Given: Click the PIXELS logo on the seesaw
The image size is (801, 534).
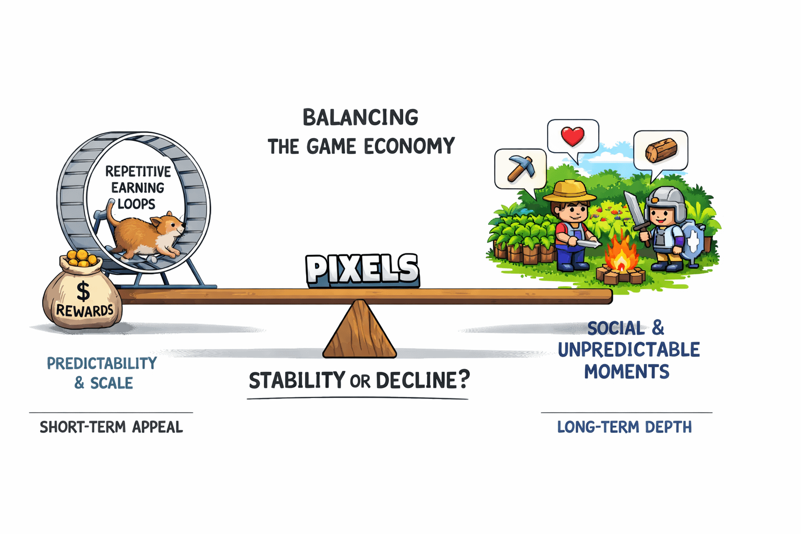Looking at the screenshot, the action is tap(362, 270).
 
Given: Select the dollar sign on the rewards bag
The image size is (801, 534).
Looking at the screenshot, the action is tap(83, 292).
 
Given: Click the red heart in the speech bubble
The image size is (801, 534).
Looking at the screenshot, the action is tap(573, 137).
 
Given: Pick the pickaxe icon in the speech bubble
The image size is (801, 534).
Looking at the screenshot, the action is tap(520, 168).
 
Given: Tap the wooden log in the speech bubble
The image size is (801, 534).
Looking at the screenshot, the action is tap(661, 150).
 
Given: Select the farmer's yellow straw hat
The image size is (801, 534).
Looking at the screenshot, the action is tap(569, 191).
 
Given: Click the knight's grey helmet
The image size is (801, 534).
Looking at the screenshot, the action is tap(665, 200).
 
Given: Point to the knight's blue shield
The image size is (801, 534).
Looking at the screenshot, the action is tap(692, 241).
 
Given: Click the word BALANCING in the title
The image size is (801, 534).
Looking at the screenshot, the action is tap(360, 118).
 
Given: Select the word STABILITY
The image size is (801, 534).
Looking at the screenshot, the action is tap(297, 381).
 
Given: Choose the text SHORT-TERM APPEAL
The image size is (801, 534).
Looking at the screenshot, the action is tap(111, 427).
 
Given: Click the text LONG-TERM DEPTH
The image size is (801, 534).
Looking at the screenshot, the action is tap(624, 427).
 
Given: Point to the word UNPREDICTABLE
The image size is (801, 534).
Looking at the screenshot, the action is tap(628, 350).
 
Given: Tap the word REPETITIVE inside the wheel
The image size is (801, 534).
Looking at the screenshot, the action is tap(138, 172).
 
